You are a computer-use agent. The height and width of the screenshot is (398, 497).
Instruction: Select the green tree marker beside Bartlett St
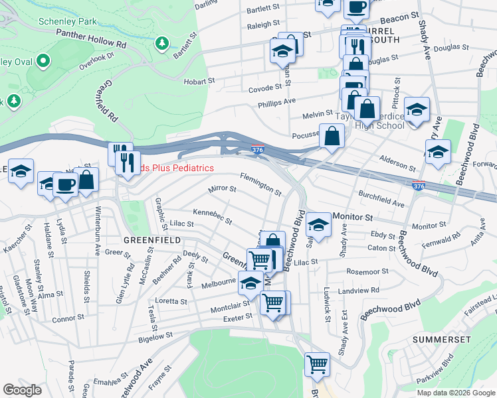click(x=161, y=44)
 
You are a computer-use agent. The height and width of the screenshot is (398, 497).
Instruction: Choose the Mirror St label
click(x=223, y=189)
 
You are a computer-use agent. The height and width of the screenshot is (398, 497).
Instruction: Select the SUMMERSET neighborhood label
click(x=441, y=339)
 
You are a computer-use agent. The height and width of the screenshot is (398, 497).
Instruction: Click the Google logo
click(x=22, y=390)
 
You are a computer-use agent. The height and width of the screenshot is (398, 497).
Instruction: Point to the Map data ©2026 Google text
click(x=456, y=393)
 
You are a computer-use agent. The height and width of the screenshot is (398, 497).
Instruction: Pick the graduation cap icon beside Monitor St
click(x=319, y=225)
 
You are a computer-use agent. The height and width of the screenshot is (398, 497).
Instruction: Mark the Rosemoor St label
click(x=367, y=272)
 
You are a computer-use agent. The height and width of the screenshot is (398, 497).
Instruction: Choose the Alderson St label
click(x=397, y=159)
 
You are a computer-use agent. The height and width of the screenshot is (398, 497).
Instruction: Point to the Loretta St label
click(x=171, y=301)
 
